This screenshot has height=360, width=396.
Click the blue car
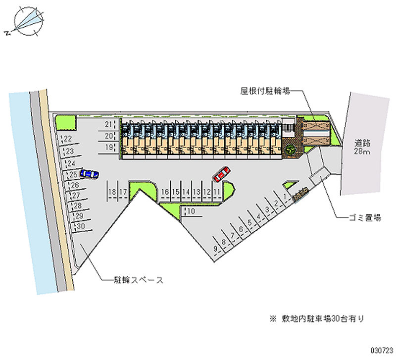coord(89,174)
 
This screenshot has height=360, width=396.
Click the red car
coord(221,173)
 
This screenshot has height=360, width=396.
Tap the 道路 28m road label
coord(362,147)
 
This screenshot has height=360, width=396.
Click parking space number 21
coord(108,124)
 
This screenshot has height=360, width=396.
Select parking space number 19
coord(108,147)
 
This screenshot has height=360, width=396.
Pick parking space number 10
coord(192,212)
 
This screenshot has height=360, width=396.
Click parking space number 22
coord(68,139)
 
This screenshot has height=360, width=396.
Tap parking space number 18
coord(113,192)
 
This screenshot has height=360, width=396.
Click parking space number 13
coord(196,192)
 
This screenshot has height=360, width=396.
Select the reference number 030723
coord(380,350)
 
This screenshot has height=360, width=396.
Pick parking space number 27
coord(76,196)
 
